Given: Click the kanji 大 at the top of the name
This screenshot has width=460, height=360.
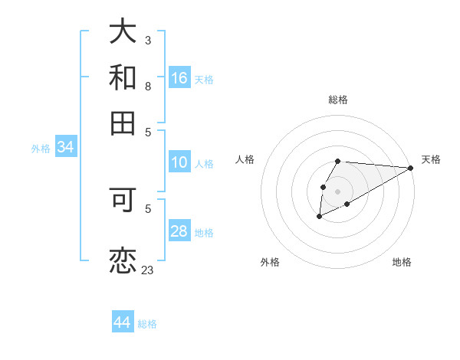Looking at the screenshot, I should pos(123,31).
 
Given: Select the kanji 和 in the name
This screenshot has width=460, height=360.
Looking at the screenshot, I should pos(123,78).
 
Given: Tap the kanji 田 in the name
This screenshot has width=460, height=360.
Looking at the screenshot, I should pos(123,123).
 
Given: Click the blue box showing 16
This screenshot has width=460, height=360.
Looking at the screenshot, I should pos(179,78).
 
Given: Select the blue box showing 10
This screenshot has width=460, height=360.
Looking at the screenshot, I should pos(179,162).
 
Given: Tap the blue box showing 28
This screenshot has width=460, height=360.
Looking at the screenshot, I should pos(179,232).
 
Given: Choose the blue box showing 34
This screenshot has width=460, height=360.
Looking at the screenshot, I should pos(65,148).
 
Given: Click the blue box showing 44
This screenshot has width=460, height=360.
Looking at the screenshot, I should pos(123,322).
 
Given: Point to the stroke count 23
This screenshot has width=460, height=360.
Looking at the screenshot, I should pos(147,270).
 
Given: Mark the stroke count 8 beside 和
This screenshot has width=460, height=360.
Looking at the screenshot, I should pos(148,87).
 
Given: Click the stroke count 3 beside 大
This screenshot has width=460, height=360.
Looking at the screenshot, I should pos(148,40).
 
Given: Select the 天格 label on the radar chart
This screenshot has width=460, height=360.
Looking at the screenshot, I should pos(431,159).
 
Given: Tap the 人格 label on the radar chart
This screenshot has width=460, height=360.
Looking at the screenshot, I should pos(245,159).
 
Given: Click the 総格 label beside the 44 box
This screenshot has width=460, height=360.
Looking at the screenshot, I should pos(147,324).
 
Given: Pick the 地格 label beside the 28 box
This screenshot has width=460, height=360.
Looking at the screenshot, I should pos(204,233).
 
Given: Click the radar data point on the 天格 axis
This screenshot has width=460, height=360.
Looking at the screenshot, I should pos(411,168).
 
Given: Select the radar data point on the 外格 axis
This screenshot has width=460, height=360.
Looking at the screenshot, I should pos(319,217).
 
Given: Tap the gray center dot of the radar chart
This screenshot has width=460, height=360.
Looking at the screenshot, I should pos(337,190).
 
